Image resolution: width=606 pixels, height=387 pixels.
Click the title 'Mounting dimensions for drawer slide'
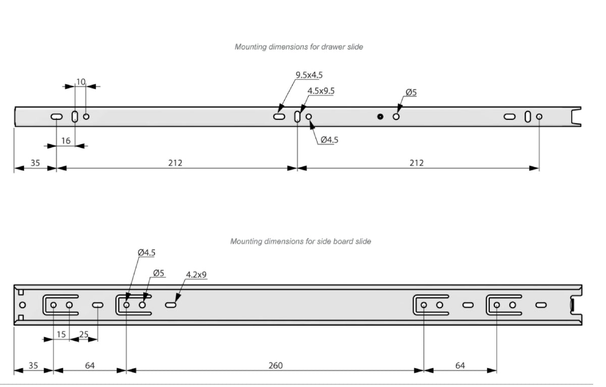click(x=298, y=47)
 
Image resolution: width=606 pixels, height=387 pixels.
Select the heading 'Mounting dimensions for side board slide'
click(x=300, y=241)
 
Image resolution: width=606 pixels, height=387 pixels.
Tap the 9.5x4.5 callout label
click(x=309, y=75)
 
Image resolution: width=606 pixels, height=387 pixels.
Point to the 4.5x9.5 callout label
click(x=321, y=91)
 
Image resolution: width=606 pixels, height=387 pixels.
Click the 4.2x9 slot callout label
click(x=196, y=275)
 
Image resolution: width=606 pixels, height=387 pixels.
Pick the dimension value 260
click(x=275, y=366)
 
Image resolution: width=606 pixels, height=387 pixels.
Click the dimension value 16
click(x=66, y=141)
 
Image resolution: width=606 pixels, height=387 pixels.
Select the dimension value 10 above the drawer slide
click(x=81, y=81)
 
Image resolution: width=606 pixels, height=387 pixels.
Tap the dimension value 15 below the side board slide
click(x=61, y=334)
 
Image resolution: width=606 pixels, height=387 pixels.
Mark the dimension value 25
click(x=84, y=334)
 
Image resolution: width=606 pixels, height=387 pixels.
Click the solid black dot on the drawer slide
click(x=380, y=116)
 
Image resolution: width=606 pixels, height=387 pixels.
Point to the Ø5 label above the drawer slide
click(x=411, y=93)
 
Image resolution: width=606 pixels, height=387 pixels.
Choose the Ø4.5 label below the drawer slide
click(x=329, y=140)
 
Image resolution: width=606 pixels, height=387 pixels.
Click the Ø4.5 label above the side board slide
click(x=146, y=252)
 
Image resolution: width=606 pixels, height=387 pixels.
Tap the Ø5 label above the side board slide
click(x=159, y=273)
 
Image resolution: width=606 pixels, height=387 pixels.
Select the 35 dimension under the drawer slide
click(x=35, y=163)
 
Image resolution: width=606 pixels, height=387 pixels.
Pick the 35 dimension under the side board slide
click(x=33, y=366)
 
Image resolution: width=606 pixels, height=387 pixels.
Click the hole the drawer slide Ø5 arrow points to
click(x=396, y=116)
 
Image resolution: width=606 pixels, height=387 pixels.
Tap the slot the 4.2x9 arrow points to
click(x=171, y=305)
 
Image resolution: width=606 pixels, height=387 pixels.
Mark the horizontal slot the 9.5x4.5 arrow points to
click(x=279, y=116)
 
